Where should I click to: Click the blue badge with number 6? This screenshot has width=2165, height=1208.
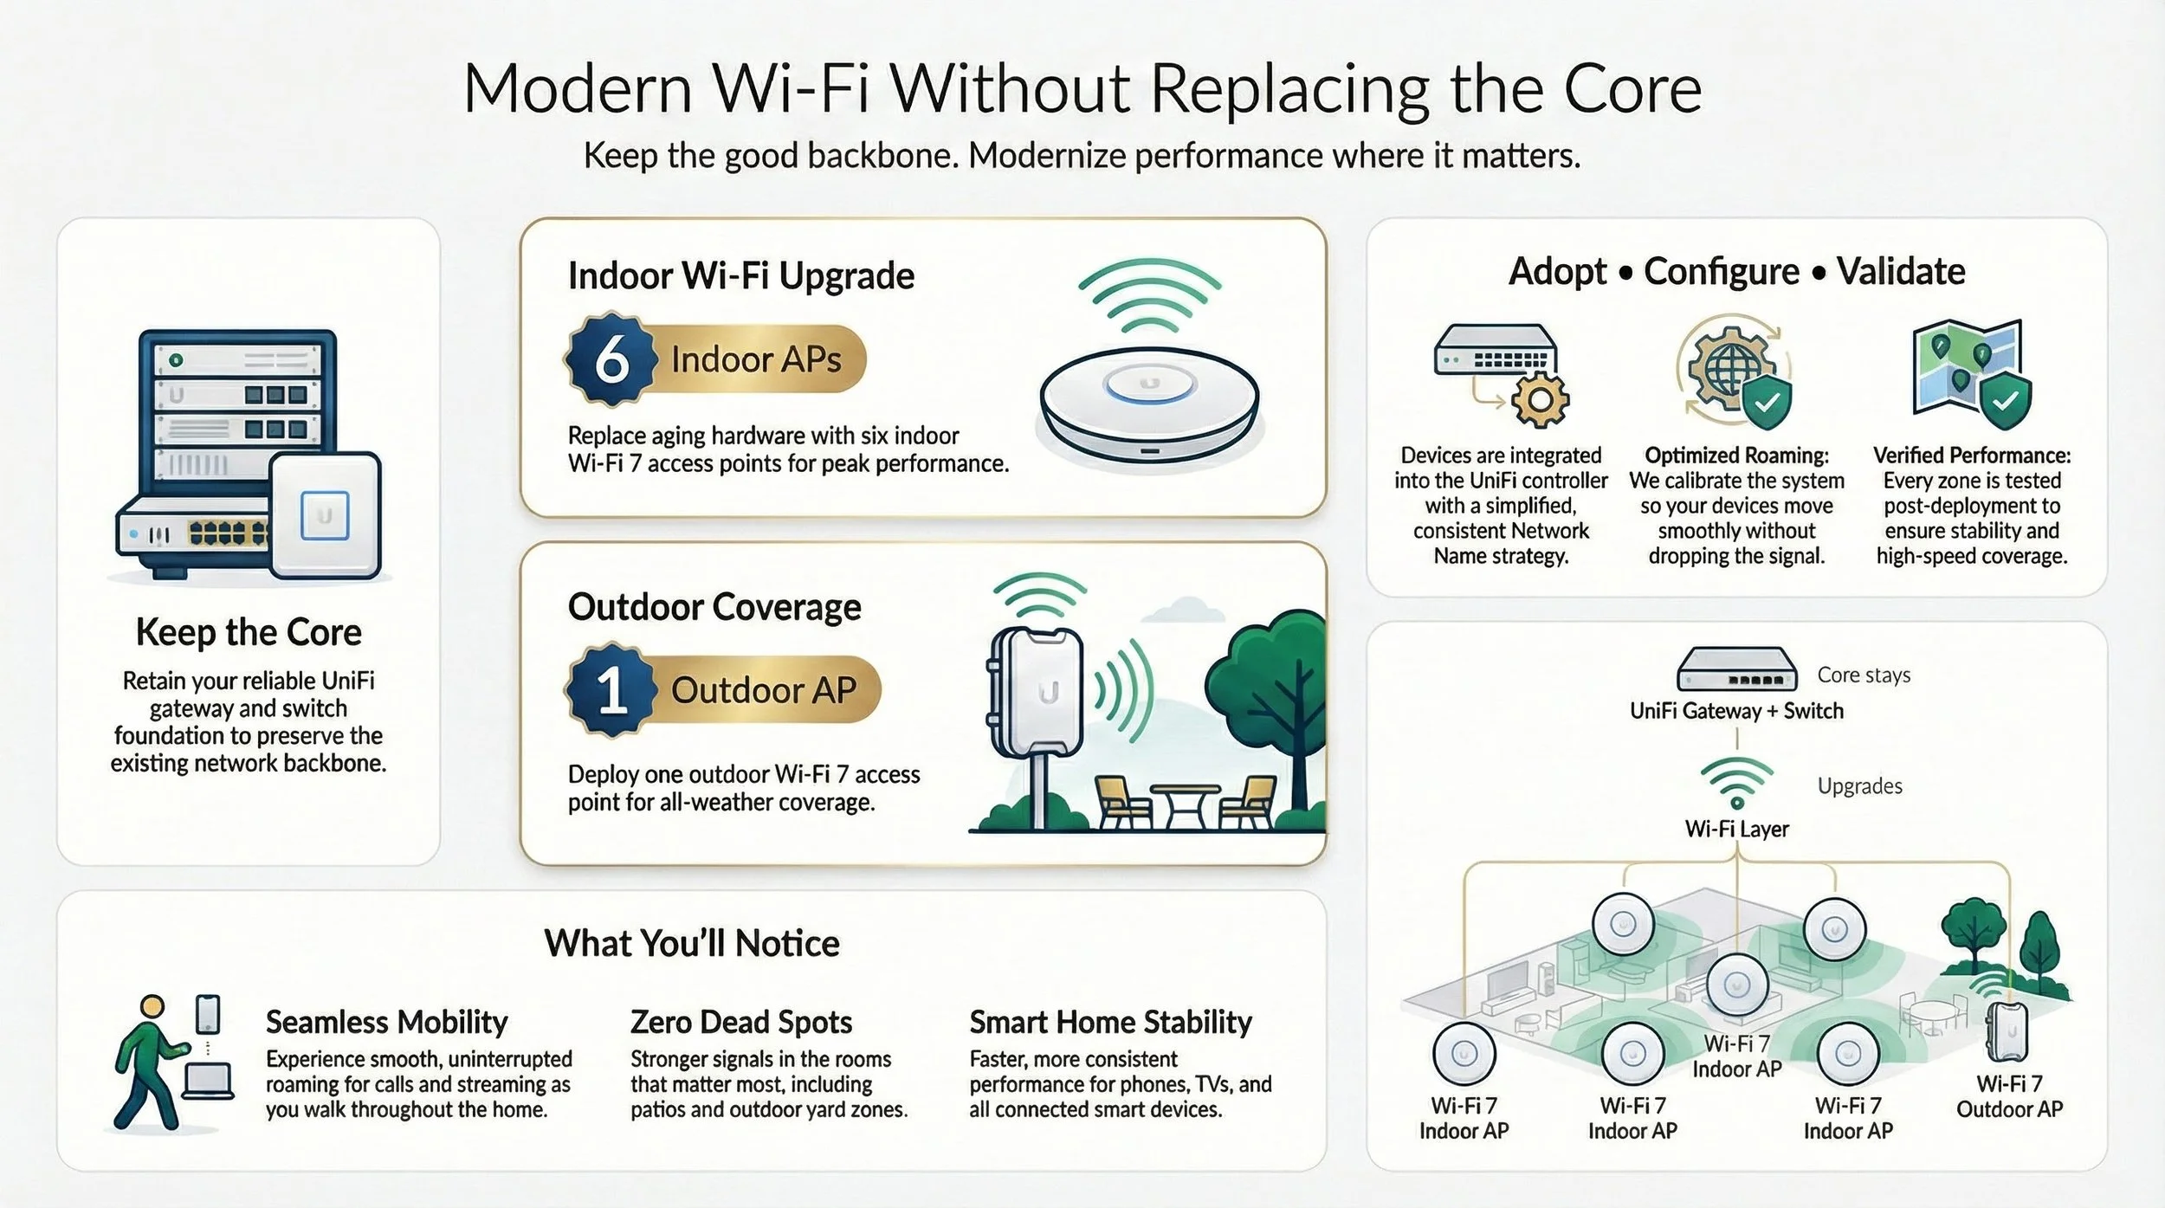[611, 359]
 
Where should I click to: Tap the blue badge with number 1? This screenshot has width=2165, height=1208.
[611, 690]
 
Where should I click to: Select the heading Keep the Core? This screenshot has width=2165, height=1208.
[249, 632]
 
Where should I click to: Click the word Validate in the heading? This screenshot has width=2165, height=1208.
[1901, 272]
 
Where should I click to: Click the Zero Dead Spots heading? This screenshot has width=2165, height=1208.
[741, 1022]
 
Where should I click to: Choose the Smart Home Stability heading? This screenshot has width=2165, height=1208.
[1110, 1022]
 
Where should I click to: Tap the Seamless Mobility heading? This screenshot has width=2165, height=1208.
[386, 1022]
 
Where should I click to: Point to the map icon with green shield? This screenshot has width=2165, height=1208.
[1971, 374]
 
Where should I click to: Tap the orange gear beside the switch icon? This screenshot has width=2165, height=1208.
[1540, 400]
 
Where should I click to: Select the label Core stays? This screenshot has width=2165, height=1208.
[1864, 675]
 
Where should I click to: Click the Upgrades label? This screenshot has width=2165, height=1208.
[1859, 786]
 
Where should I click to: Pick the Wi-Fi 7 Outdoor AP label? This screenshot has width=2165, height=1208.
[2009, 1096]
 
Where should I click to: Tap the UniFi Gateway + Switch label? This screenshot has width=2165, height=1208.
[1736, 711]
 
